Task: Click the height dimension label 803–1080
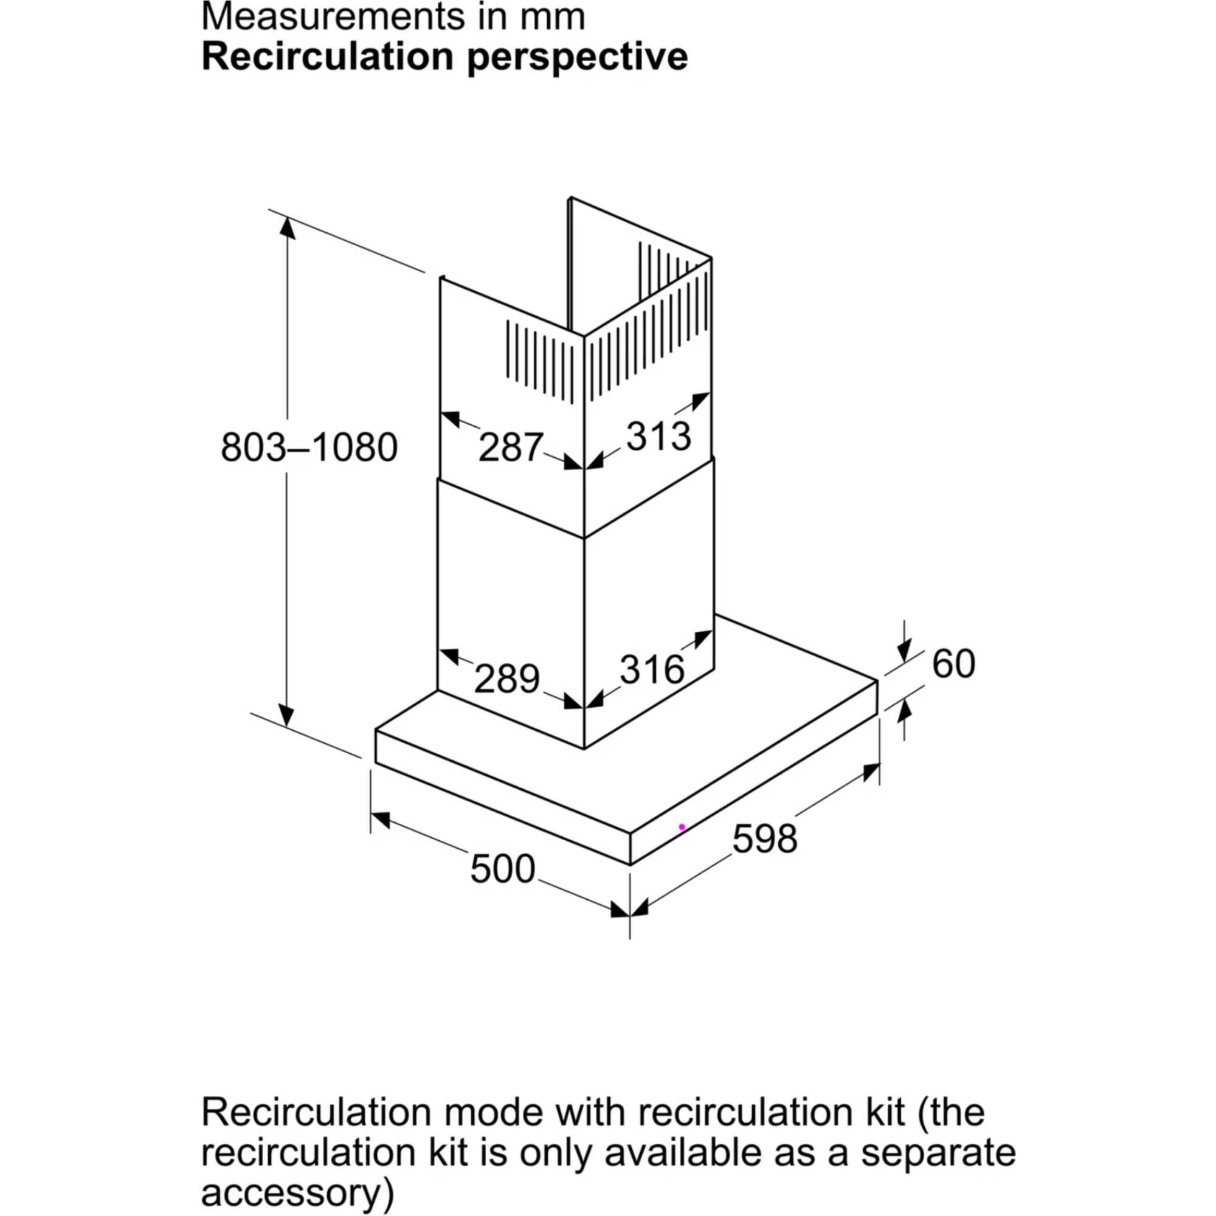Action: [x=309, y=448]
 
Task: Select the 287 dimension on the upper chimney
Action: [x=510, y=447]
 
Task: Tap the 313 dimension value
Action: [x=658, y=436]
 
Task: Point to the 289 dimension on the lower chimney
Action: [x=506, y=679]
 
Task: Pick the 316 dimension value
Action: [x=652, y=669]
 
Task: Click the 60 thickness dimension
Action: [x=953, y=663]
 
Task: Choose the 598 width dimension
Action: [x=765, y=838]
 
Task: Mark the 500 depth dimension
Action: [x=502, y=869]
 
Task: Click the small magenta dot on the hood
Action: [x=682, y=827]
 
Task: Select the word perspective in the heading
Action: [x=577, y=58]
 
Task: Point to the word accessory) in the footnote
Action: [x=297, y=1192]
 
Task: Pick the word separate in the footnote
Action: [x=938, y=1152]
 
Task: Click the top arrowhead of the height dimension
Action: [x=288, y=229]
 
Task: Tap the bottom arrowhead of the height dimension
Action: [x=286, y=715]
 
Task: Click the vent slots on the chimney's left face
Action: [x=539, y=361]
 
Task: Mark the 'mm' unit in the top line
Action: [x=553, y=17]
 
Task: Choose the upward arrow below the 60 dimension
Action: [x=905, y=712]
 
